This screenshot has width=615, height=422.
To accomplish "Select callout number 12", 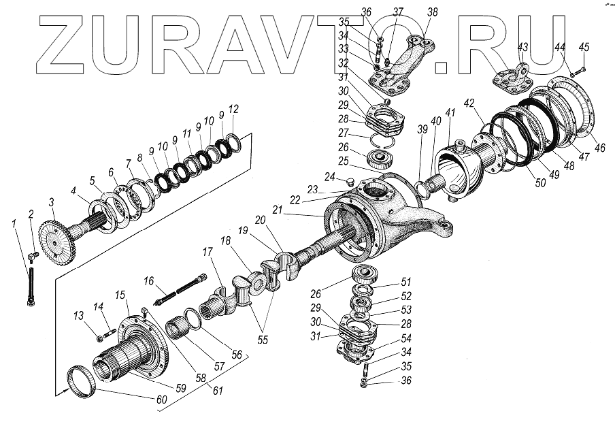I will point(234,109).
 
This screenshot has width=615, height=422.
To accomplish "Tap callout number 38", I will point(432,12).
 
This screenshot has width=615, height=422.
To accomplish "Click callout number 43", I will point(522,47).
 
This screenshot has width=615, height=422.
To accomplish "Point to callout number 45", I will point(584,47).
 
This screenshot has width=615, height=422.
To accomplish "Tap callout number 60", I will point(160,399).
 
